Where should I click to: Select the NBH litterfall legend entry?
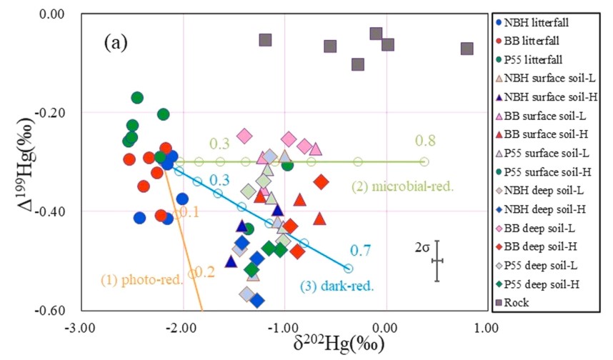(x=540, y=22)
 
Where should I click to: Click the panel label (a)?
(x=116, y=44)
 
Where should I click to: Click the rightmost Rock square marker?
(x=467, y=49)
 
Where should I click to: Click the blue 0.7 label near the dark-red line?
(x=359, y=251)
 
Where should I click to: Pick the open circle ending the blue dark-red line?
(x=348, y=268)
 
